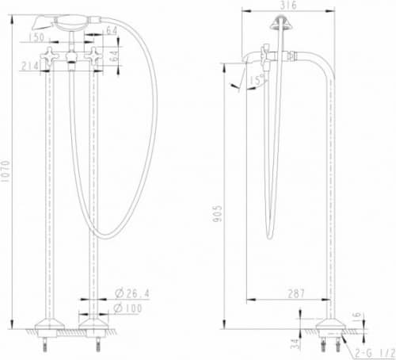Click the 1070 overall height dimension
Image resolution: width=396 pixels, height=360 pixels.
(x=6, y=171)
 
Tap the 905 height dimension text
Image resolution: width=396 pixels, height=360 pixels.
(x=218, y=213)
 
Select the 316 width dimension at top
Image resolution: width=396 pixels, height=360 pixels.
(x=288, y=5)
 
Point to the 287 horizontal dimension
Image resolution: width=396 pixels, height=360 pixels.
(x=296, y=293)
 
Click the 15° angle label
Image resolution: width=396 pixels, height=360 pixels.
(x=257, y=80)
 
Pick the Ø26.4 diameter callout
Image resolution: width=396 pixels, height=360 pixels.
(x=132, y=293)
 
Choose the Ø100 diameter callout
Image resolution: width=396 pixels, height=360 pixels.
(x=128, y=308)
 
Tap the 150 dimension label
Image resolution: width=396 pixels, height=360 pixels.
(x=36, y=37)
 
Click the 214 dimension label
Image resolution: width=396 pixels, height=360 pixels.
(x=30, y=66)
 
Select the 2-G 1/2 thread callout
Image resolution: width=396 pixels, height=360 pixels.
(x=375, y=353)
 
